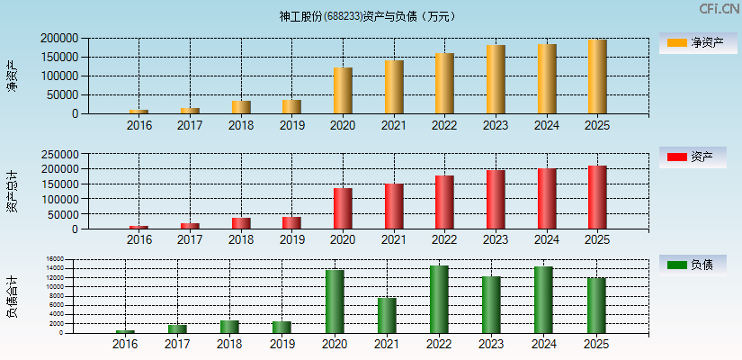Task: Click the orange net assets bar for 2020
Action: tap(343, 91)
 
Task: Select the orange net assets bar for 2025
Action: tap(597, 76)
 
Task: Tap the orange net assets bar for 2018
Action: tap(241, 107)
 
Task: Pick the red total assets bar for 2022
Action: tap(444, 202)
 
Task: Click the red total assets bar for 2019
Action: tap(291, 222)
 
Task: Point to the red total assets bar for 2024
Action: tap(546, 199)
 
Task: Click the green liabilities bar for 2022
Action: tap(439, 300)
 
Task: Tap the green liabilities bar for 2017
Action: tap(177, 328)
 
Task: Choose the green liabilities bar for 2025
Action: tap(595, 306)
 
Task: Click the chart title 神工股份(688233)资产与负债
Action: tap(368, 16)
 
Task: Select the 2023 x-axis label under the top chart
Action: tap(496, 126)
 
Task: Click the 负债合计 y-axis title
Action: tap(12, 297)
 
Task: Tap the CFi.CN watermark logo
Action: tap(719, 9)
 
